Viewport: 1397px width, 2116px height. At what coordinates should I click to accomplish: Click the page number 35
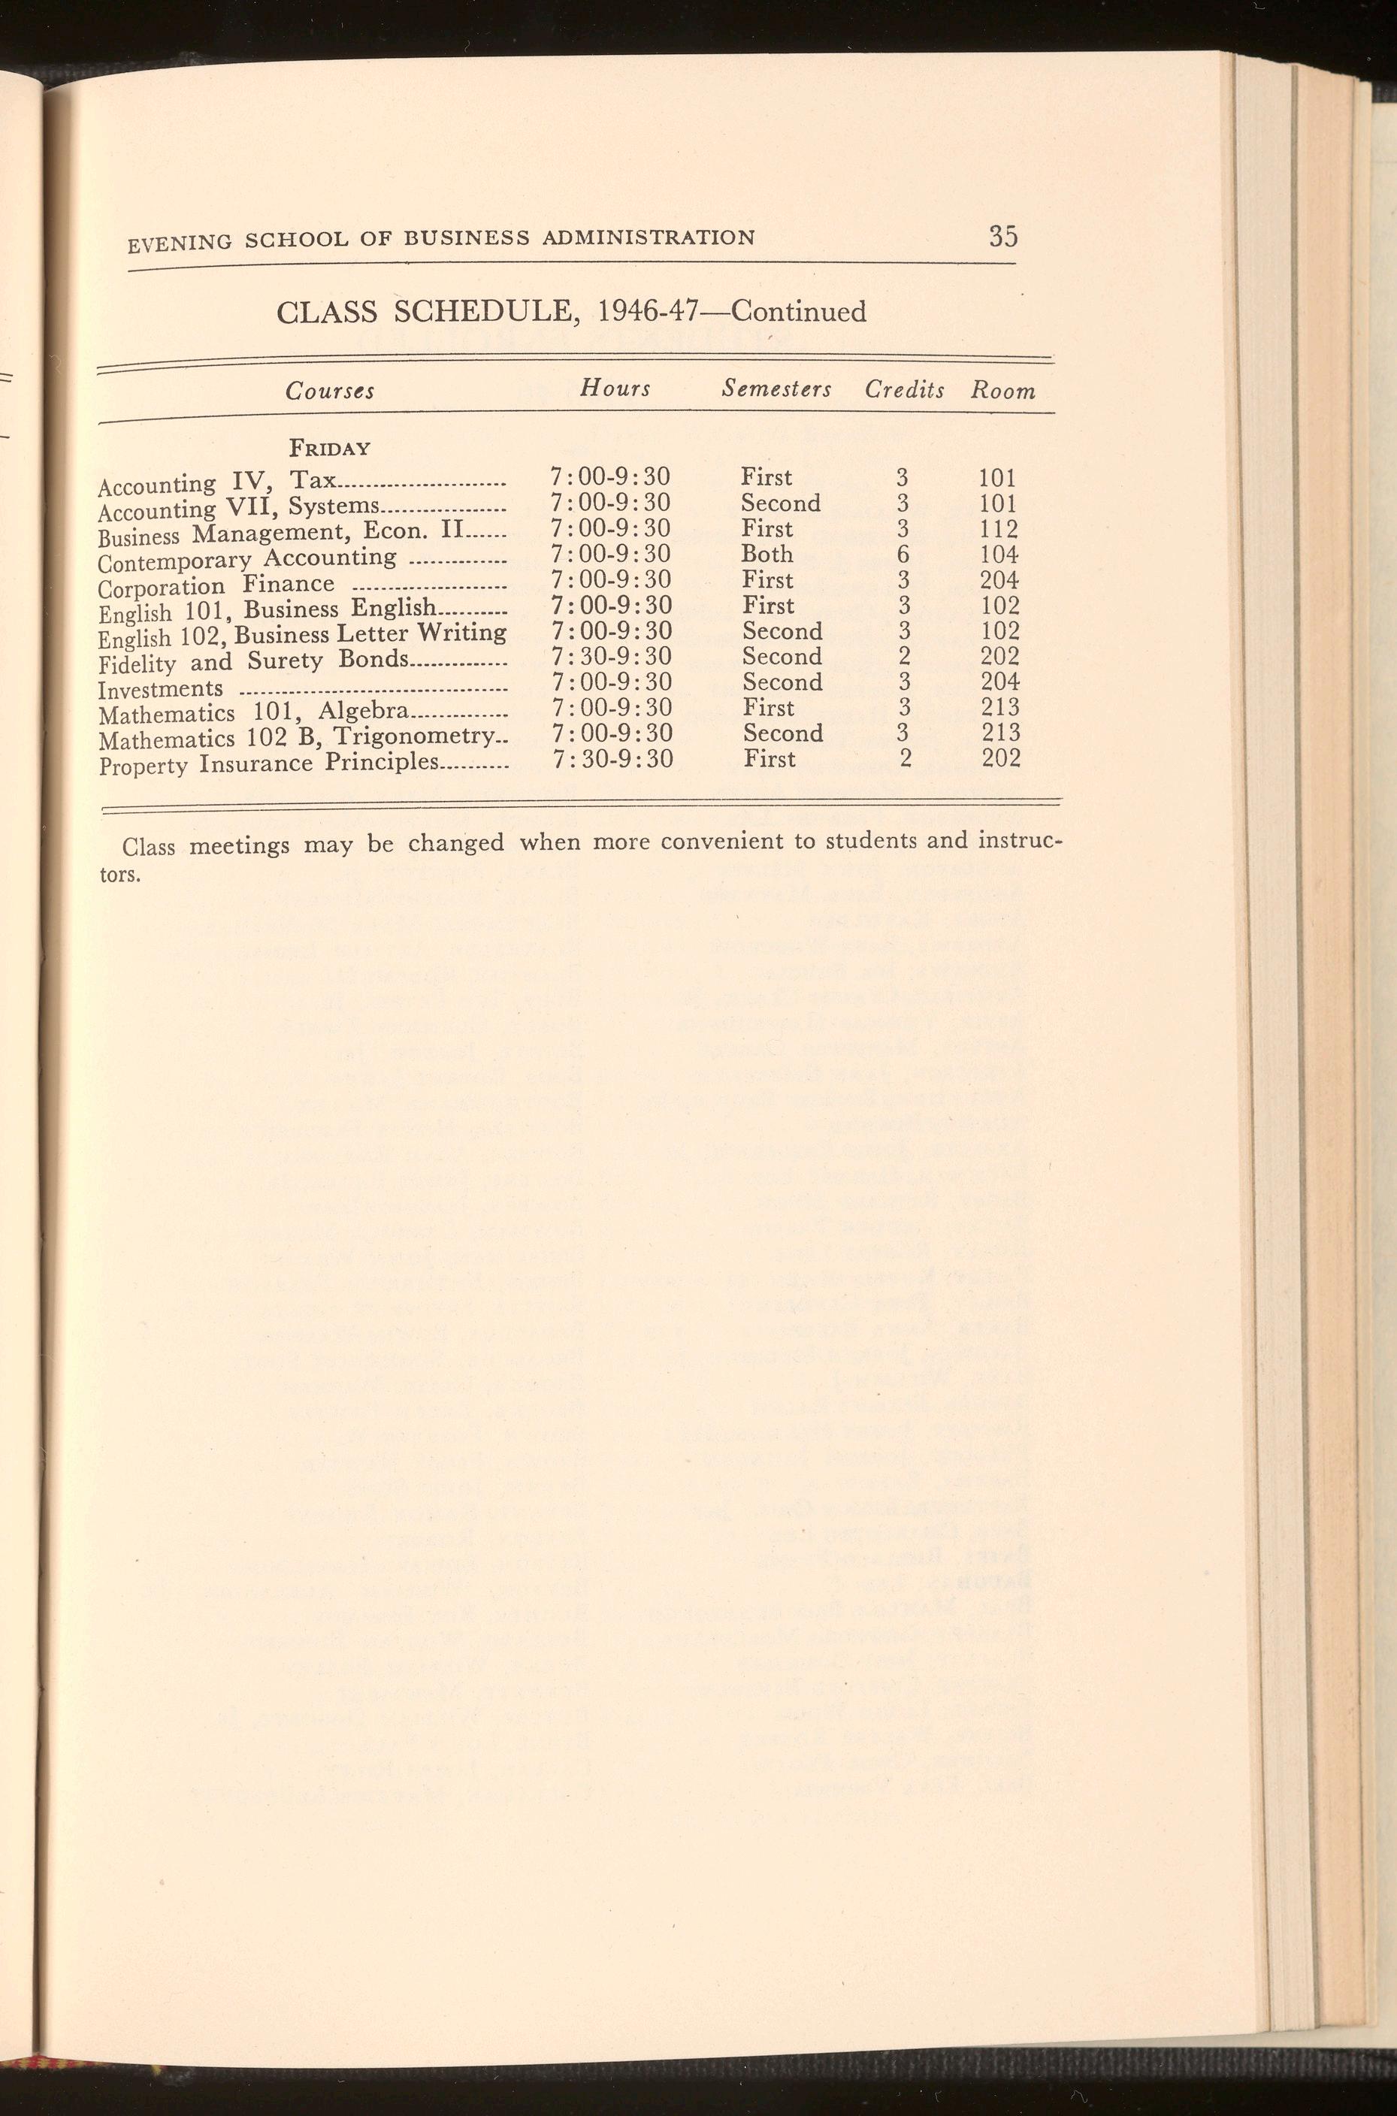click(x=1002, y=237)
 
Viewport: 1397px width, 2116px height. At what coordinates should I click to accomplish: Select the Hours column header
click(x=615, y=388)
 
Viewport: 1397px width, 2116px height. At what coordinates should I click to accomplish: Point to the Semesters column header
click(x=777, y=389)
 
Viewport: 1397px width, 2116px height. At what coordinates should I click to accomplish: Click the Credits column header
click(x=904, y=390)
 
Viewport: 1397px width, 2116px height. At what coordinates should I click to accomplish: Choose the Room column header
click(x=1003, y=390)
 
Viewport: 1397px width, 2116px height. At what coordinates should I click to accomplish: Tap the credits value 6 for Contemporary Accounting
click(x=903, y=554)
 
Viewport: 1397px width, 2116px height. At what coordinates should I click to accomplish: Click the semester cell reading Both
click(x=767, y=554)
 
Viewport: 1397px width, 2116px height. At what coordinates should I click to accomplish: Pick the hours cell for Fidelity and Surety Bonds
click(x=611, y=657)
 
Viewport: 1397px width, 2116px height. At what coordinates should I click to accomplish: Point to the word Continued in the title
click(x=798, y=312)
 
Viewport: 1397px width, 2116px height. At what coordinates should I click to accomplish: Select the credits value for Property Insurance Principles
click(x=904, y=759)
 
